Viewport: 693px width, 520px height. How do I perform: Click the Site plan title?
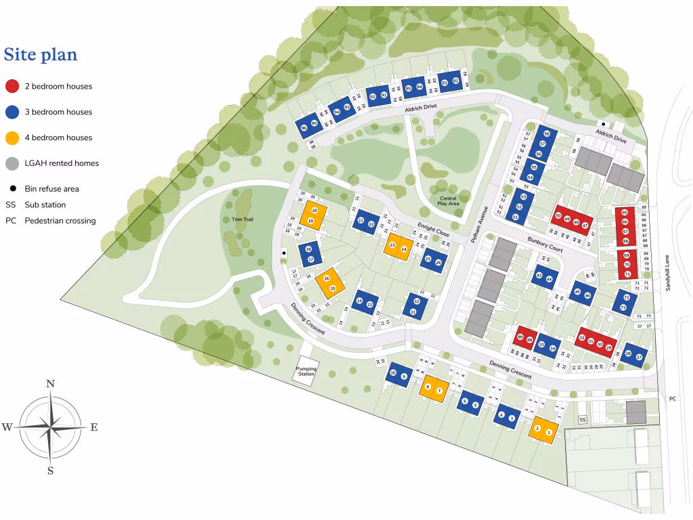click(41, 54)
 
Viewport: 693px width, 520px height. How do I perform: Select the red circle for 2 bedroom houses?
click(12, 86)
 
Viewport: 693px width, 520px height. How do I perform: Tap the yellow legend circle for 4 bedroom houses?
click(12, 137)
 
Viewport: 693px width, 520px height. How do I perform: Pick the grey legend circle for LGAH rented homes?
click(12, 163)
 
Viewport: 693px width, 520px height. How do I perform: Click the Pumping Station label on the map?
click(306, 371)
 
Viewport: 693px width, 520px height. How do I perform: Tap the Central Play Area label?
click(448, 200)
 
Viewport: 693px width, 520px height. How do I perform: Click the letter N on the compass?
click(50, 384)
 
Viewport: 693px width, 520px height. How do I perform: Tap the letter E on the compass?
click(94, 427)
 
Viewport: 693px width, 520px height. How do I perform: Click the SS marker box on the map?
click(582, 420)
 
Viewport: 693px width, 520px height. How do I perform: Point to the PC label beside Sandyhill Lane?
click(672, 399)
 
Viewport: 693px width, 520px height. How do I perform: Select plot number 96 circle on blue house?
click(304, 128)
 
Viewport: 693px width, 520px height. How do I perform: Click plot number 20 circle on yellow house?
click(314, 211)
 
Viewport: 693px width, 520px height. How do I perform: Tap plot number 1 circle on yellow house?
click(549, 432)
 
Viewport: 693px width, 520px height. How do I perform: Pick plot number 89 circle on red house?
click(520, 337)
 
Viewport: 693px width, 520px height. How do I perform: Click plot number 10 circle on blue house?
click(393, 373)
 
